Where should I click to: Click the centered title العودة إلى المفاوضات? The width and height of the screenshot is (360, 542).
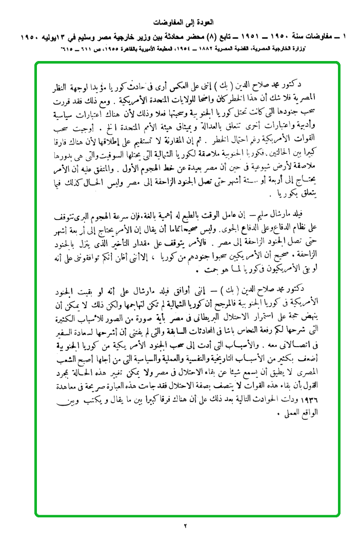pyautogui.click(x=180, y=23)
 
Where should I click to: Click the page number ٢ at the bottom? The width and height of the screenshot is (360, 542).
pyautogui.click(x=186, y=526)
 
